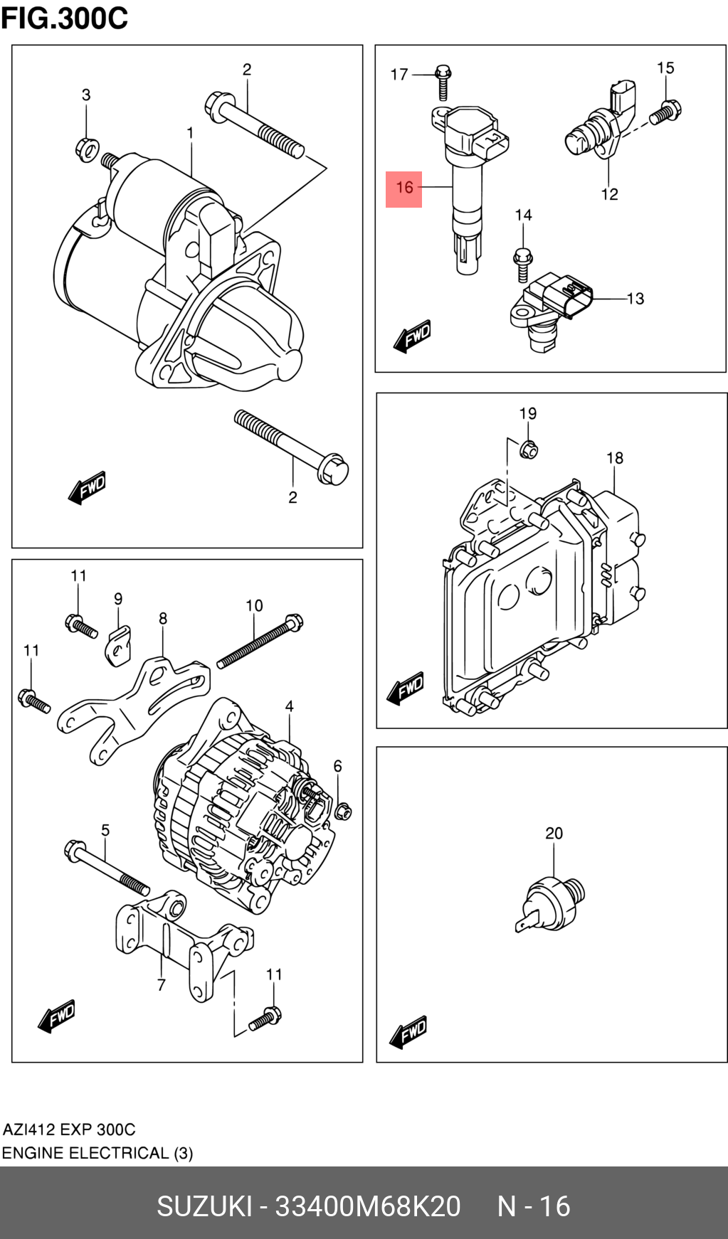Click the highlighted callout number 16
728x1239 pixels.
click(x=403, y=188)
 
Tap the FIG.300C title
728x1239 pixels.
click(x=64, y=18)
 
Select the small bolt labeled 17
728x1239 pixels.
click(x=443, y=82)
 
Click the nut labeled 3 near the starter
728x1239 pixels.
click(x=86, y=149)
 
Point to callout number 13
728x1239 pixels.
click(x=635, y=299)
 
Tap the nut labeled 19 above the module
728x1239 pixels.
click(x=528, y=450)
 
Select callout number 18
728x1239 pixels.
click(x=615, y=458)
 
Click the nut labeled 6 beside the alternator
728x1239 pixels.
click(x=343, y=810)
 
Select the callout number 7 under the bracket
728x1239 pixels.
click(x=162, y=985)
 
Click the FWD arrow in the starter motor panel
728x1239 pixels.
click(x=88, y=489)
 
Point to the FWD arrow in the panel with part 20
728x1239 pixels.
click(x=408, y=1032)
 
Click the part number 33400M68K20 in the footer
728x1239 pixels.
click(x=367, y=1206)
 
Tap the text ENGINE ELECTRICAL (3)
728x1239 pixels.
click(x=97, y=1153)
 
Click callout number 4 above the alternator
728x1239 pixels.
click(x=289, y=706)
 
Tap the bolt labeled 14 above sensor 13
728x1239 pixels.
click(x=523, y=262)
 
